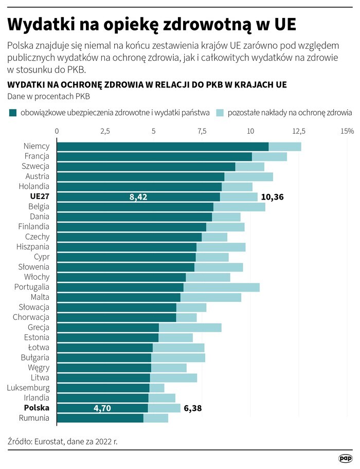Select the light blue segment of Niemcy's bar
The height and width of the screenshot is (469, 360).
pos(284,147)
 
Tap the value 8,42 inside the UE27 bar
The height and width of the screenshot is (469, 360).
pos(139,197)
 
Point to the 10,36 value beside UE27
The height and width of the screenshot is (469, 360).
pos(273,197)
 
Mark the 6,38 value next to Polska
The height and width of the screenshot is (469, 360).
pos(192,408)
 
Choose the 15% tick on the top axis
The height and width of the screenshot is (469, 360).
pos(347,131)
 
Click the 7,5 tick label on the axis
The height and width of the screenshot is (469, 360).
pos(202,131)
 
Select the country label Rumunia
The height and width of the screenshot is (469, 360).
pos(34,418)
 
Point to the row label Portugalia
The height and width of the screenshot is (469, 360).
pos(32,287)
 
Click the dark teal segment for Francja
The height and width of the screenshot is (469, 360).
pos(154,157)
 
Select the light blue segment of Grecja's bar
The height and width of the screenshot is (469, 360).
pos(190,328)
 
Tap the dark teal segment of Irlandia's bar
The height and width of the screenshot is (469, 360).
pos(102,398)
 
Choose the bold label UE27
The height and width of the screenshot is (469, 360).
pos(39,197)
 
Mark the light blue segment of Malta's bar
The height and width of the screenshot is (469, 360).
pos(211,297)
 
